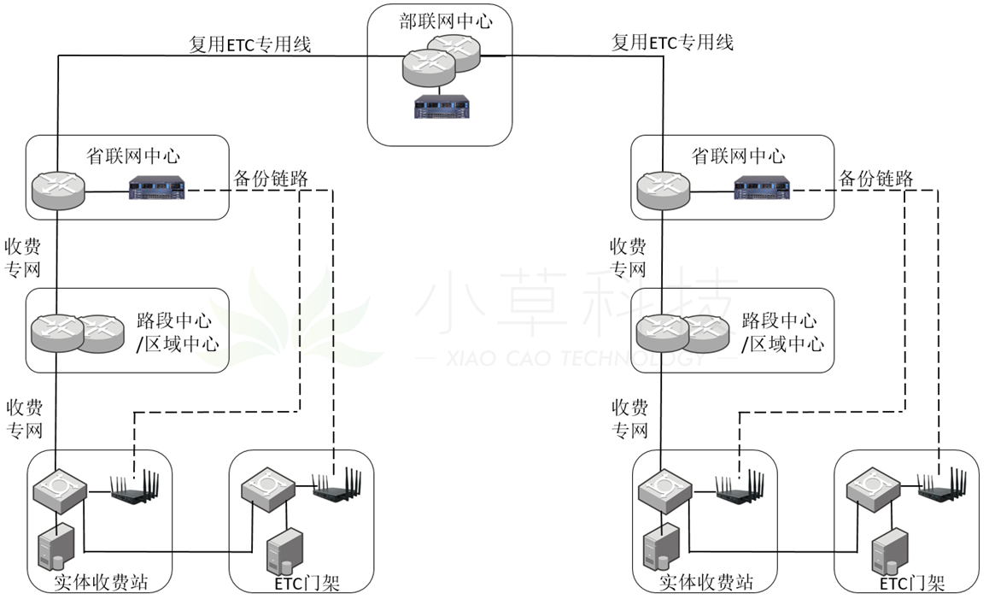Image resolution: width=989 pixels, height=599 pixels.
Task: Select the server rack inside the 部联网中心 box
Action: (x=440, y=106)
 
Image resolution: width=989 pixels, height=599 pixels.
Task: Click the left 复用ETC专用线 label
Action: (x=249, y=44)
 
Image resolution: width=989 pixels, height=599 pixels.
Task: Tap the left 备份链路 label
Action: (x=271, y=179)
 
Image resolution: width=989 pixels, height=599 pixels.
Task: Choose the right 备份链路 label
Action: (x=876, y=179)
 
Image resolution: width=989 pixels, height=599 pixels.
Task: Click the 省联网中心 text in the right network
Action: (x=738, y=156)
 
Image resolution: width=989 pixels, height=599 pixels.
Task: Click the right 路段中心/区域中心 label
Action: (x=778, y=332)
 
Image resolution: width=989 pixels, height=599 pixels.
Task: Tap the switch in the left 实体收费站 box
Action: (x=59, y=488)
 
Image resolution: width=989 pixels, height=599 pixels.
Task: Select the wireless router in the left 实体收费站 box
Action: (x=132, y=487)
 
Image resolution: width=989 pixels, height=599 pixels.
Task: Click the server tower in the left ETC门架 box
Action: (x=284, y=552)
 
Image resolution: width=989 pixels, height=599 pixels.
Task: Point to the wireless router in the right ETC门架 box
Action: (x=942, y=486)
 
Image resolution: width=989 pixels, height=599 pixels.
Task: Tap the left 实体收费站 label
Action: (x=101, y=583)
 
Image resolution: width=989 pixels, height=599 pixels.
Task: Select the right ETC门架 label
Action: (x=911, y=584)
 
